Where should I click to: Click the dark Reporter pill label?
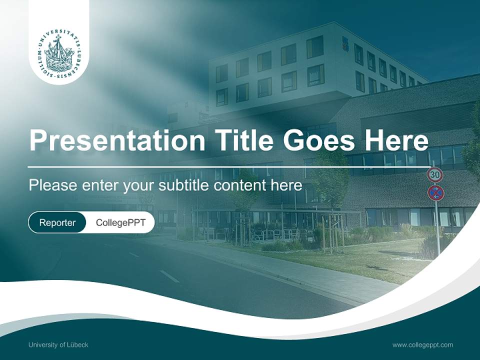point(57,222)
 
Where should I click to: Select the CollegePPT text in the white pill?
point(120,222)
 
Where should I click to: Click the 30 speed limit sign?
point(435,175)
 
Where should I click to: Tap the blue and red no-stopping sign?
point(435,192)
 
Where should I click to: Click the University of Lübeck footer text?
point(58,344)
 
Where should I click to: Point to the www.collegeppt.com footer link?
point(422,344)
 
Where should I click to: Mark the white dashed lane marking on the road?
point(169,276)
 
